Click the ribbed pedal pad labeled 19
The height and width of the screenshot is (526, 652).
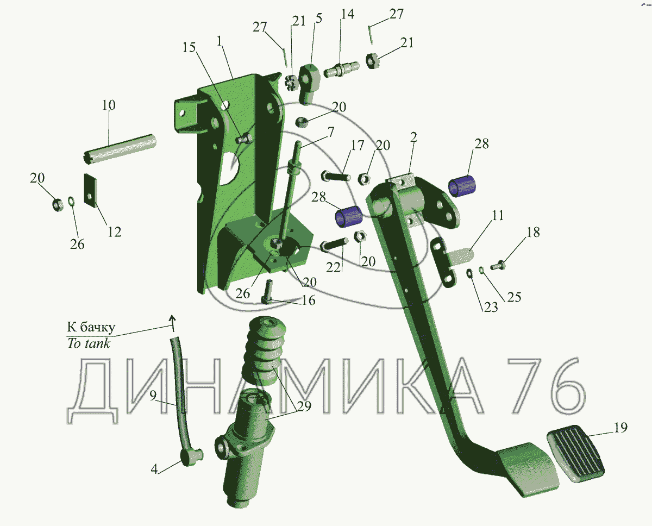click(576, 453)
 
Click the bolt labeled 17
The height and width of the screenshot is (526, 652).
click(334, 177)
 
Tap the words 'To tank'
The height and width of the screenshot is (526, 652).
click(88, 343)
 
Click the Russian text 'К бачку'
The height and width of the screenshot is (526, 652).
click(91, 327)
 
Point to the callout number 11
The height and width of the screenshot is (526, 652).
click(497, 216)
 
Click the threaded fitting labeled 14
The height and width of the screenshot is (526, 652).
click(341, 70)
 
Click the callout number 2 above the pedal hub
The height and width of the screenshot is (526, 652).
click(413, 138)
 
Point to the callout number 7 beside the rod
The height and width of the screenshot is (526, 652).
click(330, 132)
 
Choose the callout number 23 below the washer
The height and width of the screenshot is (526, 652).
click(490, 308)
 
